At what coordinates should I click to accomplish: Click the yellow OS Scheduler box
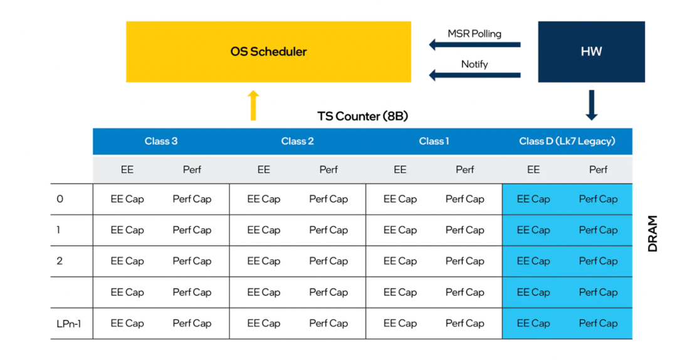268,52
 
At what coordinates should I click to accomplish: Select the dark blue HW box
591,52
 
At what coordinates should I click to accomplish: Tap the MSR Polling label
475,34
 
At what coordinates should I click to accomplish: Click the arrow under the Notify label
475,75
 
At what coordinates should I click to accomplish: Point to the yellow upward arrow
253,105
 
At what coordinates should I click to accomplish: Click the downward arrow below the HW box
592,105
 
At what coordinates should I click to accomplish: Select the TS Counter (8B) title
363,116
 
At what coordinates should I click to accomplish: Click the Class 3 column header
161,141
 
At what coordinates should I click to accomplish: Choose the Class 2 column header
298,141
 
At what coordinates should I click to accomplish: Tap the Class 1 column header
434,141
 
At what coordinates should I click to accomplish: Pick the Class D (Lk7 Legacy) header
567,141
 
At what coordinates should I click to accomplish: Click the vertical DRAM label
653,233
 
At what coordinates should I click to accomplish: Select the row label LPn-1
69,324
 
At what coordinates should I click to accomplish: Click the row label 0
60,199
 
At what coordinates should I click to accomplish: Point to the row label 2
60,261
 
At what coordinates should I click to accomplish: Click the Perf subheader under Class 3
192,170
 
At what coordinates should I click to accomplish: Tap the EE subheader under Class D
533,170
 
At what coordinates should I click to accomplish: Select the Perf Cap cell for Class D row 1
599,230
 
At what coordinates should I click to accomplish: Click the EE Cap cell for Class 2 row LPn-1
264,324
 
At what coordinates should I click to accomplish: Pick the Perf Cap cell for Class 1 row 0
465,199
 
